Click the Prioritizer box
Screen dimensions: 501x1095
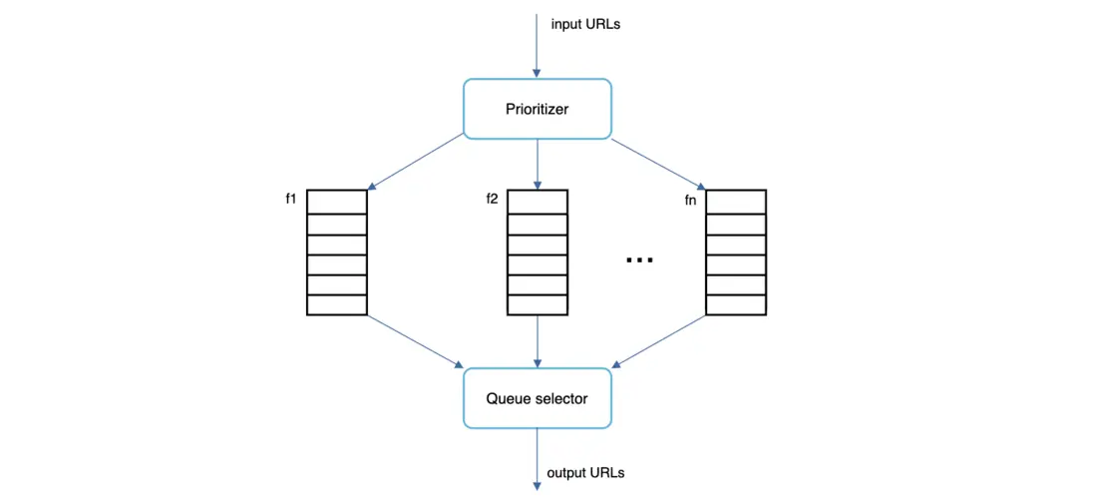[x=537, y=109]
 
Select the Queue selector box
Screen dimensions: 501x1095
[x=537, y=398]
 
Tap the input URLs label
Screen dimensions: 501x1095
[x=585, y=23]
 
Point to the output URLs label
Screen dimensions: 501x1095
[x=586, y=472]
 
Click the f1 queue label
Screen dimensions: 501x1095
[x=291, y=199]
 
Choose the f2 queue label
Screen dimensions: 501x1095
[x=492, y=199]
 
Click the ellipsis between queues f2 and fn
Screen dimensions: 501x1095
[x=639, y=260]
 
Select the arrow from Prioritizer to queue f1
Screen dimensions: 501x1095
[x=416, y=162]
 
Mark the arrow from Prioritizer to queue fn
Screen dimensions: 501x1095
[x=658, y=162]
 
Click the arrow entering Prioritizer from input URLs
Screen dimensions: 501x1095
[x=537, y=45]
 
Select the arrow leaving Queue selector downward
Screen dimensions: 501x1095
[x=537, y=458]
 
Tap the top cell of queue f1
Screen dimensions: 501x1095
[x=337, y=201]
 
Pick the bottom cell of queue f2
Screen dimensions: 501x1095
[x=538, y=305]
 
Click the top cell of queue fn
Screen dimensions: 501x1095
[x=736, y=201]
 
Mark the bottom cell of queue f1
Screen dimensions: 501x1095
[x=337, y=305]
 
